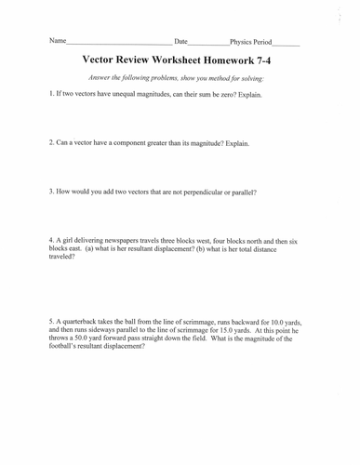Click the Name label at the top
(59, 43)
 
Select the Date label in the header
(181, 43)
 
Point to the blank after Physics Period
(286, 45)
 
